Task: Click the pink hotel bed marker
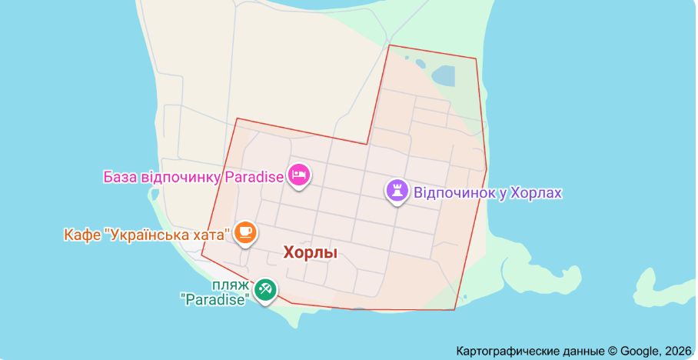tap(299, 175)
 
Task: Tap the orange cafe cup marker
tap(245, 231)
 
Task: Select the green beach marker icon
tap(266, 290)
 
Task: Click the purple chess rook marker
tap(397, 191)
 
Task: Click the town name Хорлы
tap(311, 252)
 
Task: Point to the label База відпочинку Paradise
tap(194, 177)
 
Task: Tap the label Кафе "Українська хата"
tap(148, 233)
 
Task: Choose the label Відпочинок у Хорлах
tap(488, 192)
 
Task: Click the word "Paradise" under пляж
tap(218, 299)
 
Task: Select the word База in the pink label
tap(121, 177)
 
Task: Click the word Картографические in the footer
tap(503, 351)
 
